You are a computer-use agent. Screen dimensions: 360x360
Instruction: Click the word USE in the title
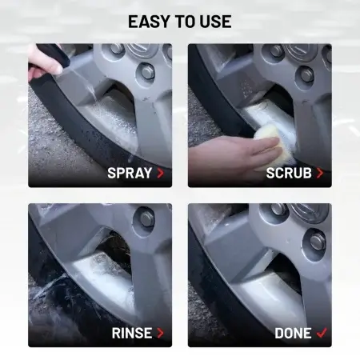pos(215,22)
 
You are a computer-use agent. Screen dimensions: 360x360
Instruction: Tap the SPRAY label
pos(130,173)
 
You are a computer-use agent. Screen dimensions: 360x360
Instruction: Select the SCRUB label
pos(289,173)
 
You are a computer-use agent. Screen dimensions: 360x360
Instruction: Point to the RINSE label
pos(132,333)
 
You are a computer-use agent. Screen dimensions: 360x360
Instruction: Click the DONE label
pos(293,333)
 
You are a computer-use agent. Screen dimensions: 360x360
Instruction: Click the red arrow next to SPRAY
pos(161,173)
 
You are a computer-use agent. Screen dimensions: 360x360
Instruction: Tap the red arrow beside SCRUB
pos(320,173)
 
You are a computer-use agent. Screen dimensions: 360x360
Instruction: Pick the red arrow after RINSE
pos(161,333)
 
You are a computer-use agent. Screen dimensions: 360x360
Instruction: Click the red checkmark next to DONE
pos(322,333)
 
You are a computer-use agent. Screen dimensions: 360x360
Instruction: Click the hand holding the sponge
pos(234,154)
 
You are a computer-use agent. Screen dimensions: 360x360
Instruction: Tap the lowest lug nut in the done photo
pos(317,241)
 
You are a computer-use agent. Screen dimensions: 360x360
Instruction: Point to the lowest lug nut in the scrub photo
pos(306,74)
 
